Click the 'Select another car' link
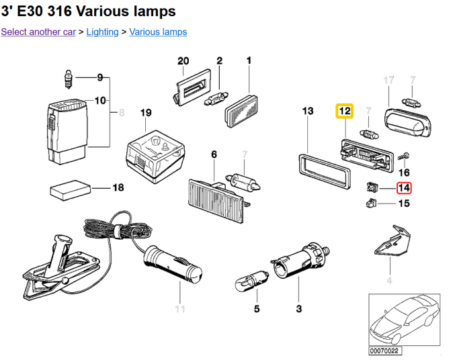[38, 32]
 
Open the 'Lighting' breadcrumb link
[102, 32]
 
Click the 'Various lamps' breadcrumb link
[158, 32]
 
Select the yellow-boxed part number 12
[345, 110]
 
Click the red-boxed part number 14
[404, 189]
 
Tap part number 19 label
[146, 114]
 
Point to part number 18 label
[118, 187]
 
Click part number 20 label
[183, 61]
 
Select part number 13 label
[307, 110]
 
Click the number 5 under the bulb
[256, 309]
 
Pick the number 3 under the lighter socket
[298, 309]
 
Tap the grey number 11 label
[179, 309]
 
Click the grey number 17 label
[388, 81]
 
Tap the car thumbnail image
[404, 319]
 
